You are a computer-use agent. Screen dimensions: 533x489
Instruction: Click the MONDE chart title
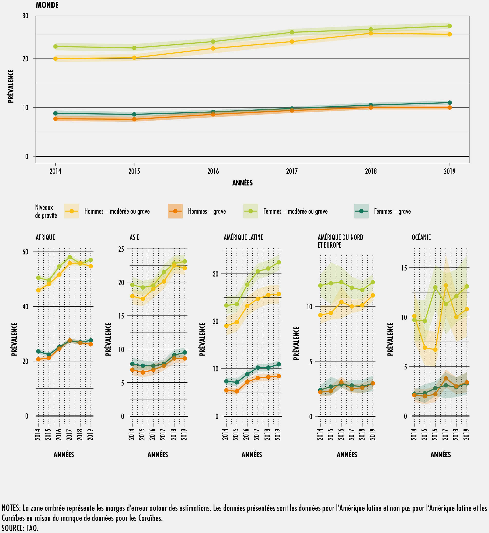(x=47, y=5)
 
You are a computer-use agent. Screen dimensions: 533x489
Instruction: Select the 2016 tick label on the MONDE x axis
(x=213, y=171)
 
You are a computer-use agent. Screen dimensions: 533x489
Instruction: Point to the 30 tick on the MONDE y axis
(x=25, y=16)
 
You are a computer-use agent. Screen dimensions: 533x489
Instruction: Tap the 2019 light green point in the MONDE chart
(x=449, y=26)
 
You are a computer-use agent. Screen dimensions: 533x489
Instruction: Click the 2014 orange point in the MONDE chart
(x=56, y=119)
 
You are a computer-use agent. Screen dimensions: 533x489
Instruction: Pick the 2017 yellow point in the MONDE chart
(x=292, y=42)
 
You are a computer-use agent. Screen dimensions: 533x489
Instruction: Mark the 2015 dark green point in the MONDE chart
(x=134, y=114)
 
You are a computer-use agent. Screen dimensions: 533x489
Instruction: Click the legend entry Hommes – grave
(x=207, y=211)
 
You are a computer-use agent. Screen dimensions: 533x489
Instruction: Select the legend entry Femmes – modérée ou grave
(x=295, y=211)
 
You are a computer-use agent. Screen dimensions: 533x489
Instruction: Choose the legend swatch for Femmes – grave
(x=361, y=211)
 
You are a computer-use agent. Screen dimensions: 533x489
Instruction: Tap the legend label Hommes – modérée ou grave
(x=117, y=211)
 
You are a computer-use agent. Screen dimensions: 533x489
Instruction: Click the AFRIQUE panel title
(x=45, y=237)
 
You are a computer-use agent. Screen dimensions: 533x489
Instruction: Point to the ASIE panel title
(x=134, y=237)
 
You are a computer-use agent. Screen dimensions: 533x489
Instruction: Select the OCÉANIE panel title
(x=421, y=237)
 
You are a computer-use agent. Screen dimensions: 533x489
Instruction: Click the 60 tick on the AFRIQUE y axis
(x=25, y=252)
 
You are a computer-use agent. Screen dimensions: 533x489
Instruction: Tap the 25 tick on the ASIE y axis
(x=121, y=249)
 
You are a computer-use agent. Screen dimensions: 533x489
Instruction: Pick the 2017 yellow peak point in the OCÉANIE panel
(x=446, y=285)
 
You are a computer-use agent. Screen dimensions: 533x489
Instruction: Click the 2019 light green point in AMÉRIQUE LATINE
(x=279, y=262)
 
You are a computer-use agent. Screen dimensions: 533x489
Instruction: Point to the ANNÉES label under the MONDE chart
(x=242, y=183)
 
